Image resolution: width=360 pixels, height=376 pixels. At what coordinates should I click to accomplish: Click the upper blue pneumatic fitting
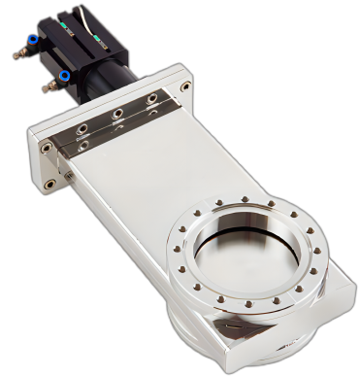32,42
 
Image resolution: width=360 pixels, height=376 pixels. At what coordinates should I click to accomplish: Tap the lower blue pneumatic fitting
63,76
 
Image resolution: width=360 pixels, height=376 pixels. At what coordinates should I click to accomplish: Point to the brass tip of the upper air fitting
18,54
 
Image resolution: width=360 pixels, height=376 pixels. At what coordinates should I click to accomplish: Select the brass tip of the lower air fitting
46,89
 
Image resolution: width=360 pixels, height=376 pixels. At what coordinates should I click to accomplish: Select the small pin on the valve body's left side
68,176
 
